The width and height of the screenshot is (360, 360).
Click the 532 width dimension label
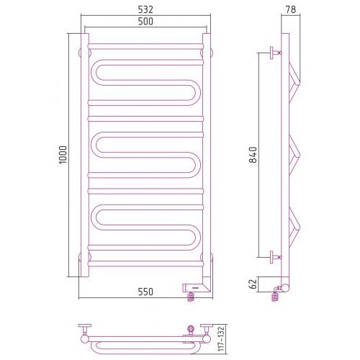145,9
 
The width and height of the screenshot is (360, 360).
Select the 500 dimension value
145,22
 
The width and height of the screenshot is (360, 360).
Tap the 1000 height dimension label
63,155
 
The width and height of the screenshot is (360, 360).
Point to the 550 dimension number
145,292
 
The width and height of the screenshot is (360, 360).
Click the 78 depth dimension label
291,9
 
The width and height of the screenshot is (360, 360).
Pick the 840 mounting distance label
253,155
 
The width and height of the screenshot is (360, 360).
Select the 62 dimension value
253,284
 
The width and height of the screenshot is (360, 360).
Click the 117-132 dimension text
221,338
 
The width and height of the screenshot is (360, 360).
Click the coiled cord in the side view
276,294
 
